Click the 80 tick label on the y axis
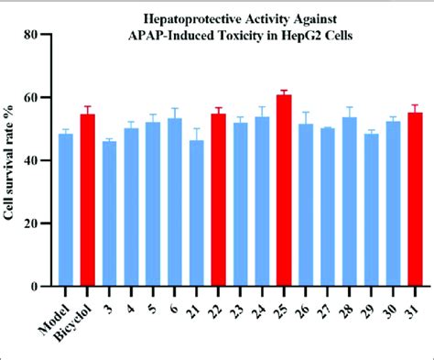click(34, 35)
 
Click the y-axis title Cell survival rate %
click(13, 161)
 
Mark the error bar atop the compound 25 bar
click(284, 93)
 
